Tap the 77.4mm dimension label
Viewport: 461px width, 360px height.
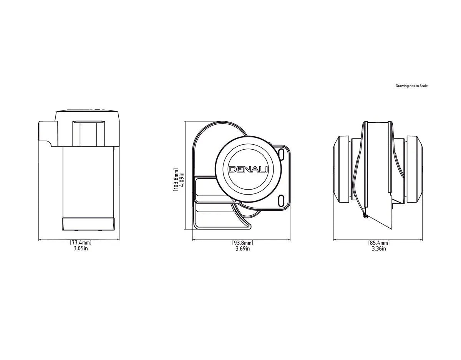pyautogui.click(x=81, y=243)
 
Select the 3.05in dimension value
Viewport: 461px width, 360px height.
pyautogui.click(x=81, y=249)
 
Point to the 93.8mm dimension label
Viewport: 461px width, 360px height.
pyautogui.click(x=242, y=243)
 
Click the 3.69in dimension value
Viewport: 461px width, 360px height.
pyautogui.click(x=242, y=249)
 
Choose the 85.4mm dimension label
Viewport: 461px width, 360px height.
pyautogui.click(x=379, y=243)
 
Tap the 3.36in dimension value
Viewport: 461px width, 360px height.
pyautogui.click(x=379, y=249)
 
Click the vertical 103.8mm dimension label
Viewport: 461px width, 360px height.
pyautogui.click(x=175, y=179)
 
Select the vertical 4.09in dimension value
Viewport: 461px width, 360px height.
pyautogui.click(x=181, y=179)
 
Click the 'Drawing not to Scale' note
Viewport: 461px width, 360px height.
pyautogui.click(x=411, y=86)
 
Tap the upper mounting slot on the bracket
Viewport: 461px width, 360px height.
pyautogui.click(x=282, y=154)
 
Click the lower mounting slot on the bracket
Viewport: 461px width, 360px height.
pyautogui.click(x=282, y=200)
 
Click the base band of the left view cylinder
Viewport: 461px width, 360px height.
pyautogui.click(x=88, y=223)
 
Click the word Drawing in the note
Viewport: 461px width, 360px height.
pyautogui.click(x=402, y=86)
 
